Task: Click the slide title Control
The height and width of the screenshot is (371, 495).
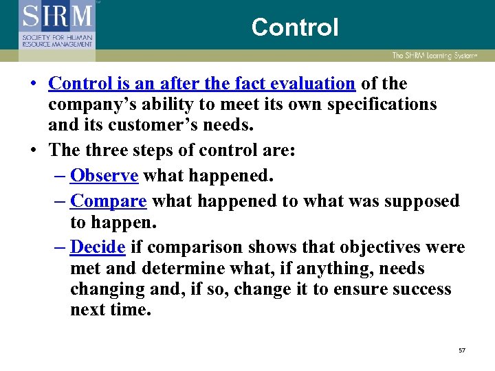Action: point(295,27)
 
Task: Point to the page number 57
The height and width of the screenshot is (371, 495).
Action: point(462,350)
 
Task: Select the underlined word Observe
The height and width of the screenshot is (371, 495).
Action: point(104,176)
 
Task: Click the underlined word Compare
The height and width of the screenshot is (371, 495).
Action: point(109,201)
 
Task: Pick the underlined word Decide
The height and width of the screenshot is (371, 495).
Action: point(98,247)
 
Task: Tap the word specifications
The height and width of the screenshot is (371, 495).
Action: point(375,104)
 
